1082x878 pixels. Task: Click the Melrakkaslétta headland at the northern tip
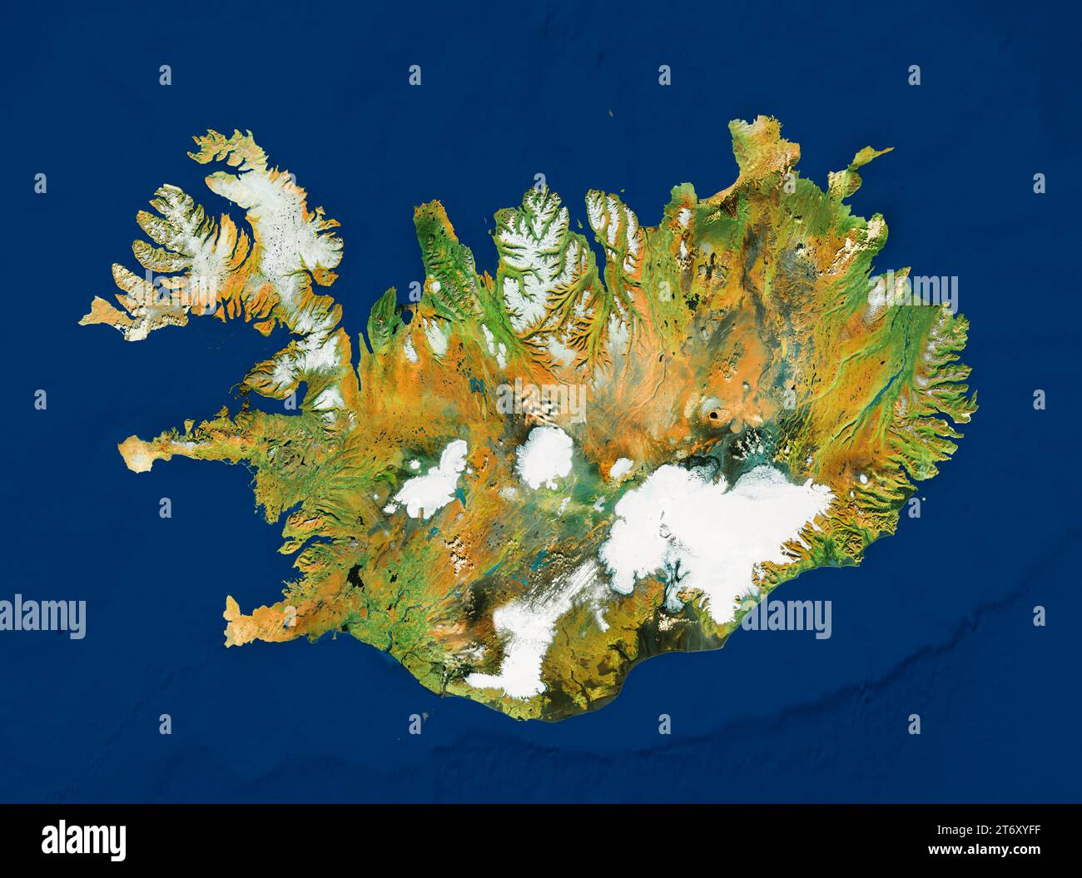pos(753,137)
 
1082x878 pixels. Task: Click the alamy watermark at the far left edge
pos(42,618)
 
